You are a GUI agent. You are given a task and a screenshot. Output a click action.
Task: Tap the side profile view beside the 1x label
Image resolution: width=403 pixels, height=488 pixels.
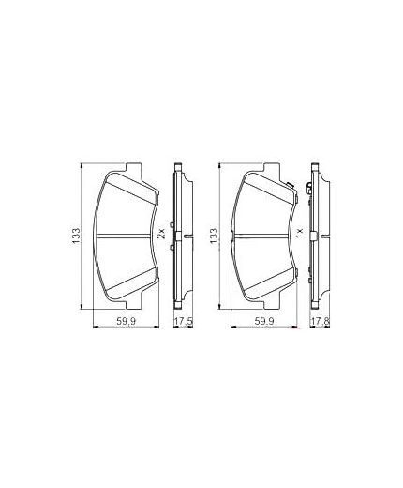(316, 235)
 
